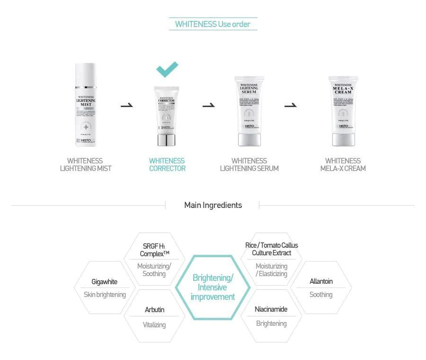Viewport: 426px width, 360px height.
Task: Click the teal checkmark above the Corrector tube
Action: pos(168,69)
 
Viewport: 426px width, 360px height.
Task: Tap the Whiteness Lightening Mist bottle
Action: pos(86,105)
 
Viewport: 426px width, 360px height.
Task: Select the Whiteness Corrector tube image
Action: pos(166,116)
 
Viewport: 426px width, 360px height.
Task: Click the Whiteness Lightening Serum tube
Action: pos(249,112)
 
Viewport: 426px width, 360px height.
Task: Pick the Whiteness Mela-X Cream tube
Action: pos(343,112)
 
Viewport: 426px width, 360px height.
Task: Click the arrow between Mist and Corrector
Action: pos(127,105)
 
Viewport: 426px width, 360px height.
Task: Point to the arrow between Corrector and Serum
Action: pos(209,105)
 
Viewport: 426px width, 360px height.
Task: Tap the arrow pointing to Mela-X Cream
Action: pos(291,105)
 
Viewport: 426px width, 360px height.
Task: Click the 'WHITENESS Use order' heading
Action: pos(213,24)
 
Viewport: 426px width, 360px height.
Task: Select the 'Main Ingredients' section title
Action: pos(213,205)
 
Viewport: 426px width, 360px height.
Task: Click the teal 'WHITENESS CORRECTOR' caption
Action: pos(167,164)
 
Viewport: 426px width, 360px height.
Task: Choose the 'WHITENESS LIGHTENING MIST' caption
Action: pos(85,164)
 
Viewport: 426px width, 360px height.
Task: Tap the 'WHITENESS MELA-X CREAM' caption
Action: pos(343,164)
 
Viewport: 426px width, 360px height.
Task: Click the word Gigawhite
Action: pos(104,282)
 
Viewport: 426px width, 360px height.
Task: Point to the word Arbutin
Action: pos(154,310)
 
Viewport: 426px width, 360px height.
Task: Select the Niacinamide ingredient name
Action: pos(271,309)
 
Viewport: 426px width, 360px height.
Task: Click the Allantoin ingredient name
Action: pos(321,281)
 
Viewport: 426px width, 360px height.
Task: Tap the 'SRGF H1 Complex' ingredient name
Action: pos(154,250)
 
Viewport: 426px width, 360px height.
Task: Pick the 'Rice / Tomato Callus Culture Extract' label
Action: pos(271,249)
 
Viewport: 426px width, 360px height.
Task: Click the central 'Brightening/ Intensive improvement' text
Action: pos(213,287)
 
